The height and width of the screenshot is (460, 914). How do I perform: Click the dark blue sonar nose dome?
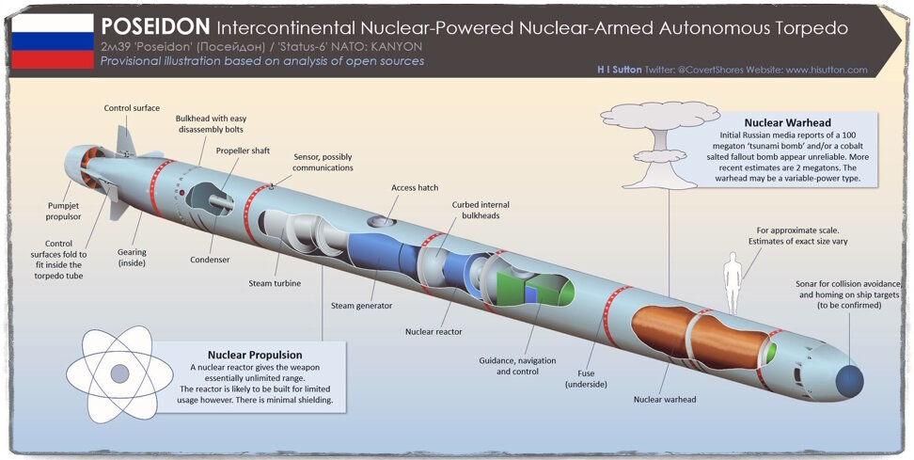[850, 380]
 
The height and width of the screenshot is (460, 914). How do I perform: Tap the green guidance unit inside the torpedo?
[521, 286]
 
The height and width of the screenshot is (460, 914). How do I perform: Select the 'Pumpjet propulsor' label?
[65, 210]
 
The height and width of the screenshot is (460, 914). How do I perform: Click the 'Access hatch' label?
[415, 188]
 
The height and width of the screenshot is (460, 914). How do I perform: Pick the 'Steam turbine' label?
[275, 283]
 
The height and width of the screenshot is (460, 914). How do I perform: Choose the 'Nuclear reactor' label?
[434, 331]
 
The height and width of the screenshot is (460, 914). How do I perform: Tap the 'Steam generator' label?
[361, 305]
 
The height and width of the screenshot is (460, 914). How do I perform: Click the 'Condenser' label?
[210, 261]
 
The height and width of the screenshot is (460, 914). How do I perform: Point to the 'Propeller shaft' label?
[245, 151]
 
